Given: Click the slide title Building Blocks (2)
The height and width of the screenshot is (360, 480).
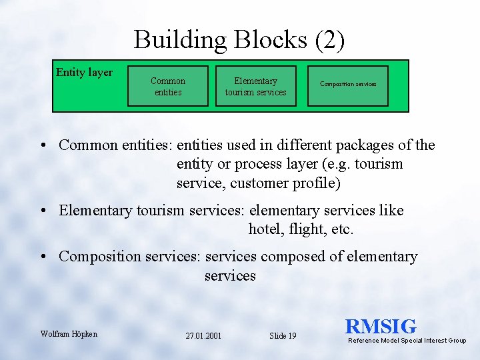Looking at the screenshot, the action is click(239, 40).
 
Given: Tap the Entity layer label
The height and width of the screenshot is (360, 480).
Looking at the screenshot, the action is click(84, 73).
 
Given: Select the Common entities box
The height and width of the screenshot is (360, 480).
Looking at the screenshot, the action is click(168, 86).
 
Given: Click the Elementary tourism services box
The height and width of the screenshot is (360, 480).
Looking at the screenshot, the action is click(255, 86).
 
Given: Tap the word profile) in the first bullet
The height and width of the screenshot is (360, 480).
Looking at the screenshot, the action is click(317, 183).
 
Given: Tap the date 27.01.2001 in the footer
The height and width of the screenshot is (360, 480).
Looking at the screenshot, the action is click(203, 336).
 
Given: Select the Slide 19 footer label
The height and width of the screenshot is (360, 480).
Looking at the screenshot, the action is click(283, 336).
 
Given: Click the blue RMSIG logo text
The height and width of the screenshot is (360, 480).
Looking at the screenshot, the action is click(381, 327).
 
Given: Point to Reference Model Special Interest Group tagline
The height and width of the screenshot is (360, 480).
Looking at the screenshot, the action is click(407, 341).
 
